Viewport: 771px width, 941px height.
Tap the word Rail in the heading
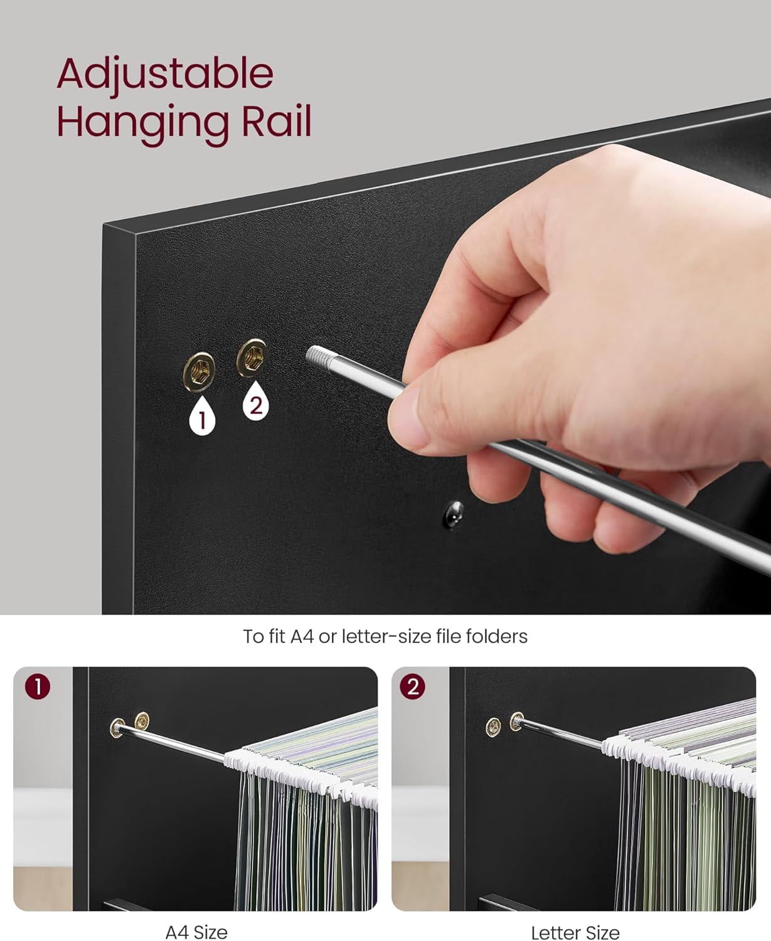pyautogui.click(x=277, y=121)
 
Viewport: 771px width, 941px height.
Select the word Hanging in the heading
pyautogui.click(x=143, y=125)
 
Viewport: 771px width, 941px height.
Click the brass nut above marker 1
pyautogui.click(x=199, y=371)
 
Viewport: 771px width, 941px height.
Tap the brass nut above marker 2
pyautogui.click(x=252, y=358)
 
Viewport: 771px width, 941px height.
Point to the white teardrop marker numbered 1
pyautogui.click(x=202, y=415)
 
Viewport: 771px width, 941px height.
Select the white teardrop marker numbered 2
pyautogui.click(x=256, y=401)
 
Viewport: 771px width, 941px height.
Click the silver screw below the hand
pyautogui.click(x=454, y=514)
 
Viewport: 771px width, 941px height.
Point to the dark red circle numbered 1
pyautogui.click(x=38, y=687)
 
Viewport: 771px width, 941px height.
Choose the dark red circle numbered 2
pyautogui.click(x=413, y=687)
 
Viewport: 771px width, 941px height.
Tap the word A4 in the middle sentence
pyautogui.click(x=302, y=636)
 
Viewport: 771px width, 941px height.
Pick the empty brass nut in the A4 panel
pyautogui.click(x=142, y=721)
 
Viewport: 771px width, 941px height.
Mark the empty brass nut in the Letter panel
pyautogui.click(x=493, y=727)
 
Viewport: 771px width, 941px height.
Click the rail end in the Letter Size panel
pyautogui.click(x=518, y=721)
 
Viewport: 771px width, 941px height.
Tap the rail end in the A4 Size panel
pyautogui.click(x=118, y=728)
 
